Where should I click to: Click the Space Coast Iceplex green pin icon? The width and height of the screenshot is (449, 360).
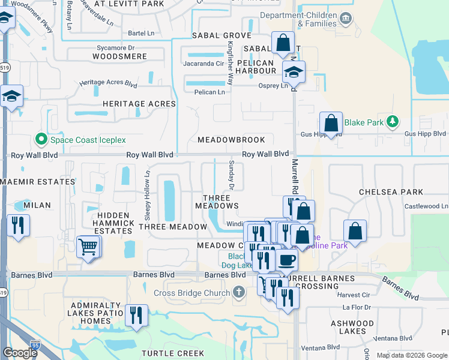(41, 140)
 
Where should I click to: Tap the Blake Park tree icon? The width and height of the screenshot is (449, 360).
(393, 122)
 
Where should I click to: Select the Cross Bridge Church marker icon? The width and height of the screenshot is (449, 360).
(239, 293)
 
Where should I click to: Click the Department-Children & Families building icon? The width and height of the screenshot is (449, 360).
(346, 18)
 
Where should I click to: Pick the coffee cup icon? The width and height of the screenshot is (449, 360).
(287, 260)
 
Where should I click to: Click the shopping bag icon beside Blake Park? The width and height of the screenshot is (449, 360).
(331, 123)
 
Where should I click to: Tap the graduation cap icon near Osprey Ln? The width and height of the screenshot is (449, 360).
(294, 73)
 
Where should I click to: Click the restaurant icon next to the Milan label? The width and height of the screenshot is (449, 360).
(17, 226)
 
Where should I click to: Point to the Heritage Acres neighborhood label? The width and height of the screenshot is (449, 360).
(139, 104)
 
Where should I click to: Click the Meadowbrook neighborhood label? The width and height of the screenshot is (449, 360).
(231, 140)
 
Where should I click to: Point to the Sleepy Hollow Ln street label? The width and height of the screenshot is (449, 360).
(147, 196)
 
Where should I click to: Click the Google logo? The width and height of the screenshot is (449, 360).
(20, 353)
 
